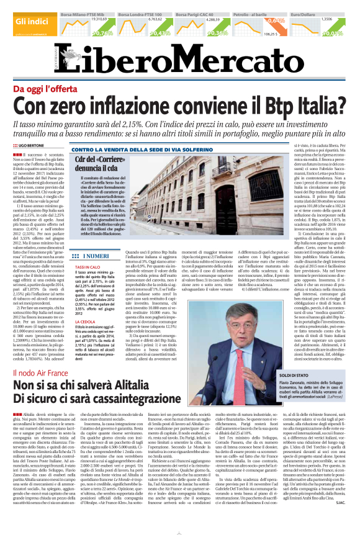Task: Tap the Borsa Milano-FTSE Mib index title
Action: (84, 13)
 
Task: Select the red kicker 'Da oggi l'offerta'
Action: (52, 89)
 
